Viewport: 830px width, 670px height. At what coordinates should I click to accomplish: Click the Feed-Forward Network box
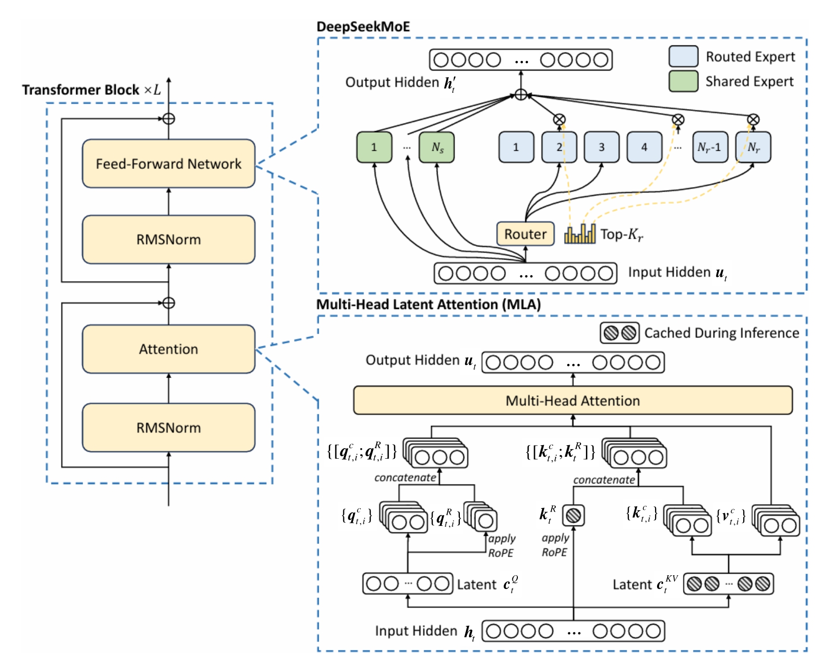tap(168, 163)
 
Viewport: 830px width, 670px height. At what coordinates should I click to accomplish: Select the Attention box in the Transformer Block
tap(168, 349)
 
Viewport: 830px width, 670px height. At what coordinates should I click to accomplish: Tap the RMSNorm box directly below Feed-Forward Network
tap(168, 239)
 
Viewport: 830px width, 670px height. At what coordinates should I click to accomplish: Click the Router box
tap(525, 234)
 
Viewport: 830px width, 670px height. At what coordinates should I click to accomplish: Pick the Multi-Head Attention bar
tap(573, 400)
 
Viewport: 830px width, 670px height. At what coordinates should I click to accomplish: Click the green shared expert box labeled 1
tap(374, 147)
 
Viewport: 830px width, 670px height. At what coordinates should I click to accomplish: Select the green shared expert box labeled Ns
tap(437, 147)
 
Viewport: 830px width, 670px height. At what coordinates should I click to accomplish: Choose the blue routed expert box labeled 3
tap(602, 147)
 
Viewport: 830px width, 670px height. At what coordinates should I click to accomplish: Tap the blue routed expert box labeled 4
tap(644, 147)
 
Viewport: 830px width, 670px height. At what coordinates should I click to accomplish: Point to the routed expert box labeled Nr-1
tap(710, 147)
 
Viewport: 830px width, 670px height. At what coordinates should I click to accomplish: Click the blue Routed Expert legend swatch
tap(683, 56)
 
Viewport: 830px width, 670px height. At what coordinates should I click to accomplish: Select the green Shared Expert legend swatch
tap(683, 81)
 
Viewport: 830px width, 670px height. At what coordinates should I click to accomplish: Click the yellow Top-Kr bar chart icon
tap(580, 234)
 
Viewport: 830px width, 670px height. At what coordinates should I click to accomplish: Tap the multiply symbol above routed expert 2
tap(559, 119)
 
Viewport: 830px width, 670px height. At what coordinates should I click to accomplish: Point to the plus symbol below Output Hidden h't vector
tap(521, 95)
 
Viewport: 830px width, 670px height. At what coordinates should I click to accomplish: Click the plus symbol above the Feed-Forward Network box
tap(169, 119)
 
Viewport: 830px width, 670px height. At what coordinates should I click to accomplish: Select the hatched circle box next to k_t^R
tap(573, 515)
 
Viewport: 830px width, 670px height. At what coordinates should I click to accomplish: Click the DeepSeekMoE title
tap(363, 27)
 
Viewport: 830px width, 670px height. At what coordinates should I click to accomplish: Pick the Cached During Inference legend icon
tap(620, 333)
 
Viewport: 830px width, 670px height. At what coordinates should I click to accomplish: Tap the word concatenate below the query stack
tap(405, 477)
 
